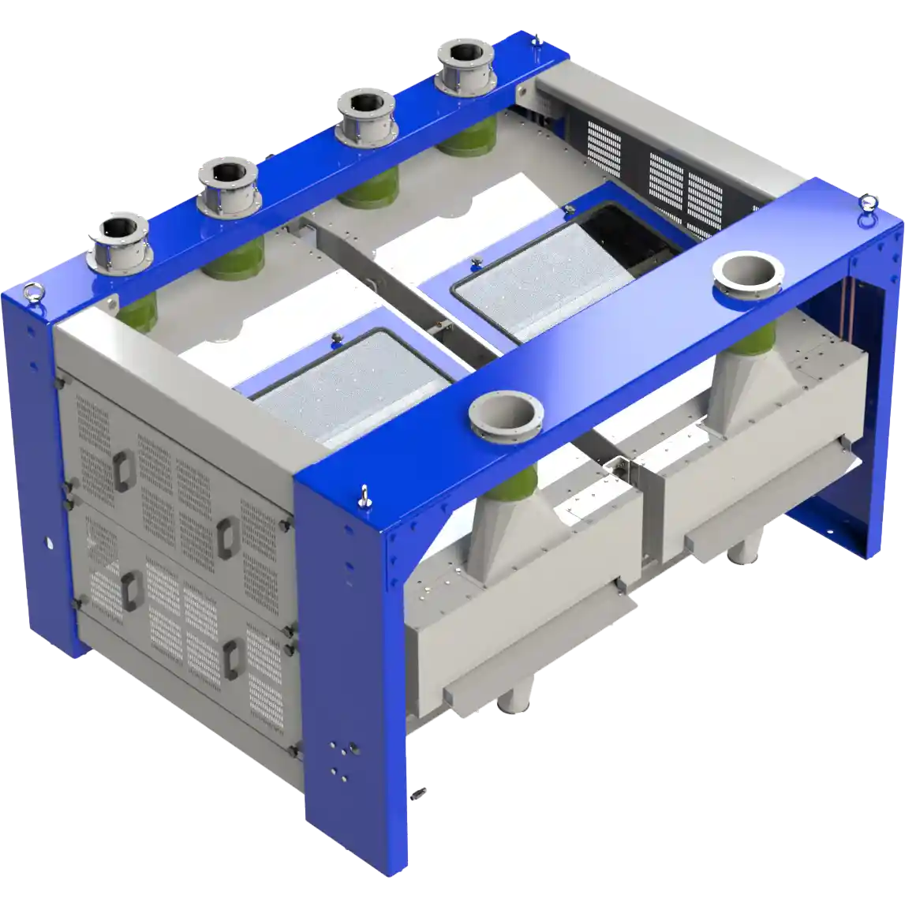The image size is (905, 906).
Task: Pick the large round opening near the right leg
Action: click(x=746, y=272)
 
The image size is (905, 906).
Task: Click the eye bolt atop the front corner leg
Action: click(x=364, y=496)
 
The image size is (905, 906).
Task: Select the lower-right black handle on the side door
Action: click(x=231, y=658)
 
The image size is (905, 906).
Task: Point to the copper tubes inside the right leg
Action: click(x=851, y=301)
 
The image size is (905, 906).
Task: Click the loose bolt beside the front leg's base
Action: click(x=420, y=791)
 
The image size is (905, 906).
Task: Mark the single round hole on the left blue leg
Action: click(x=49, y=543)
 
